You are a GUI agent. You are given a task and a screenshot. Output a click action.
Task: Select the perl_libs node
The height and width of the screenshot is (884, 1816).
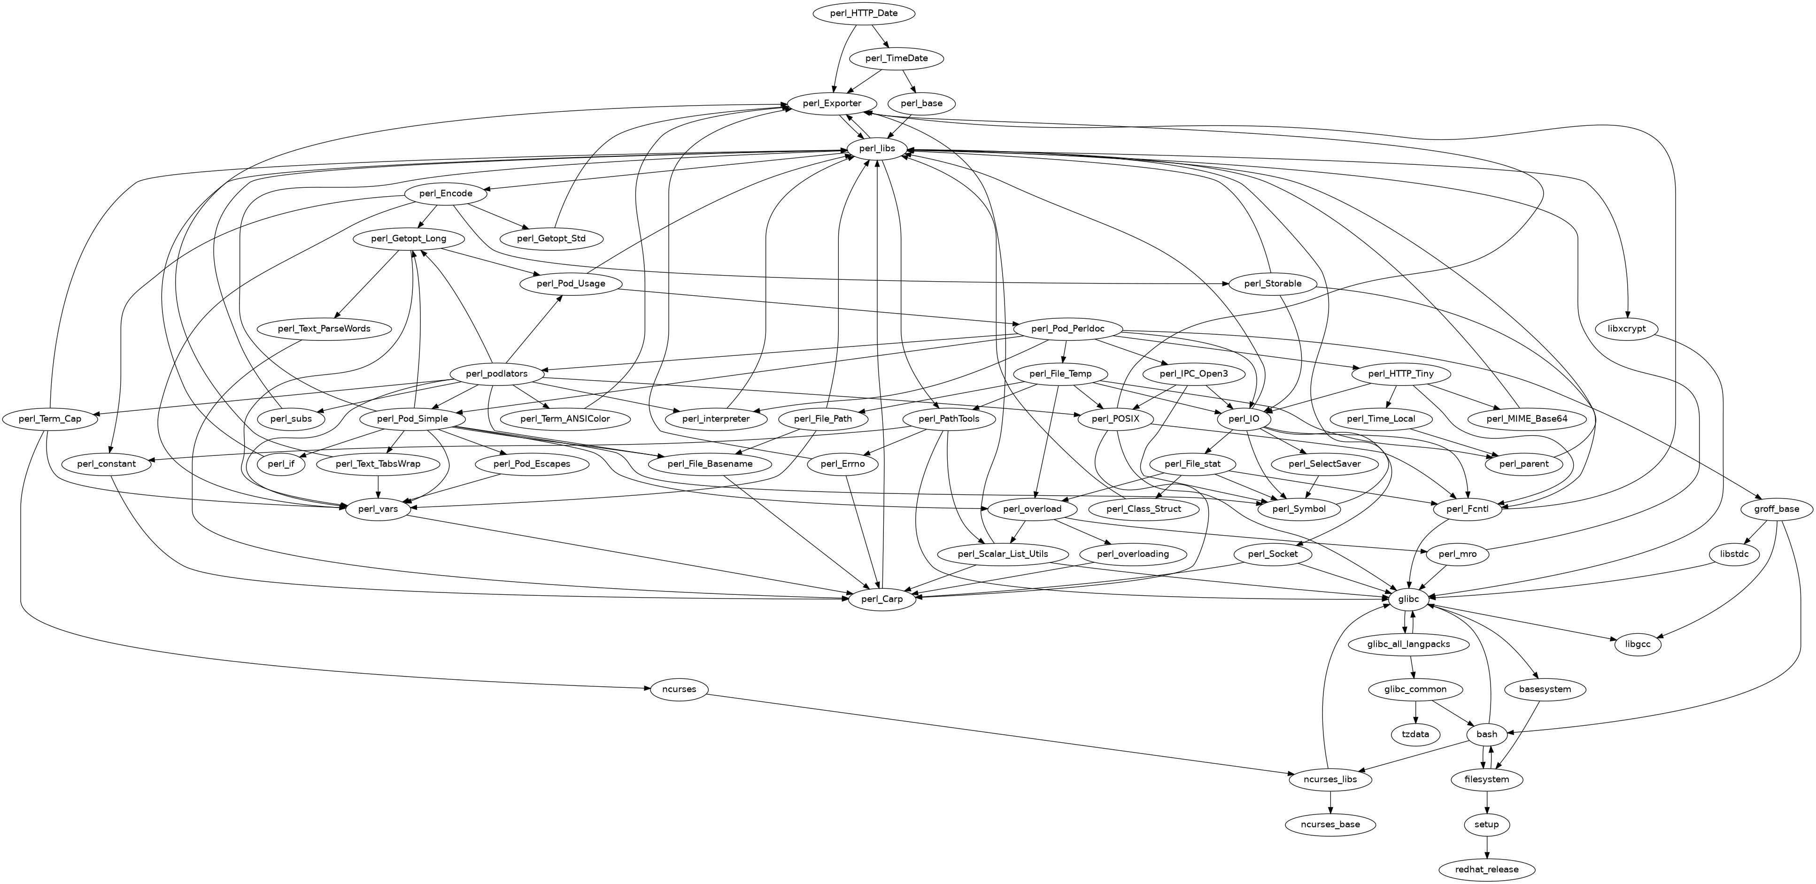877,148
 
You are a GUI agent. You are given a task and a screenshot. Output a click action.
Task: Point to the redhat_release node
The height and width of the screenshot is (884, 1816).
1487,869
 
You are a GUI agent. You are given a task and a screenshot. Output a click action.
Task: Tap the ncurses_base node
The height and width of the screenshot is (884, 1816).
1330,824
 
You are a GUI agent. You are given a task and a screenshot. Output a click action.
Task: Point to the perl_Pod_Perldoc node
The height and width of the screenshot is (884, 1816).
1067,329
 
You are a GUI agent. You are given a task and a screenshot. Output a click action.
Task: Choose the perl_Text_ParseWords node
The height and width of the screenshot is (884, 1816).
325,329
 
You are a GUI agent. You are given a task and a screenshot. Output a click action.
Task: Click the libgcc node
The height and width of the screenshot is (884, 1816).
1638,644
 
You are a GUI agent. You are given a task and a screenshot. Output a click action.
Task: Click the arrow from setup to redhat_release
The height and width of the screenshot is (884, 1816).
1487,846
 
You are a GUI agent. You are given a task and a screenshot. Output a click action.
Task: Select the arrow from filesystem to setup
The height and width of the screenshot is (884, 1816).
1487,801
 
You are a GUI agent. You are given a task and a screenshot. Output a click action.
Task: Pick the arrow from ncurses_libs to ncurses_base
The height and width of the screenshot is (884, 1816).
1330,801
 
